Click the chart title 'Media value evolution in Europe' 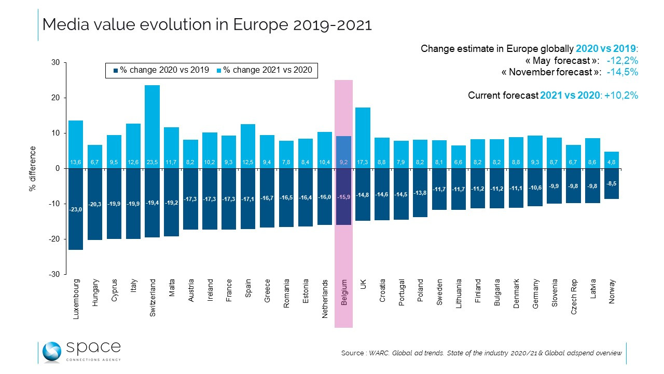click(206, 24)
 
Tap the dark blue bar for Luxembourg click(76, 208)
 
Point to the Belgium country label click(344, 292)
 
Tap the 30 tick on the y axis click(55, 63)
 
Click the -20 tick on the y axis click(53, 239)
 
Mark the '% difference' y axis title click(32, 169)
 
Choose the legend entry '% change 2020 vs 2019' click(161, 70)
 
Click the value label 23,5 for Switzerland click(152, 162)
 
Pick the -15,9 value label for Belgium click(344, 196)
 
